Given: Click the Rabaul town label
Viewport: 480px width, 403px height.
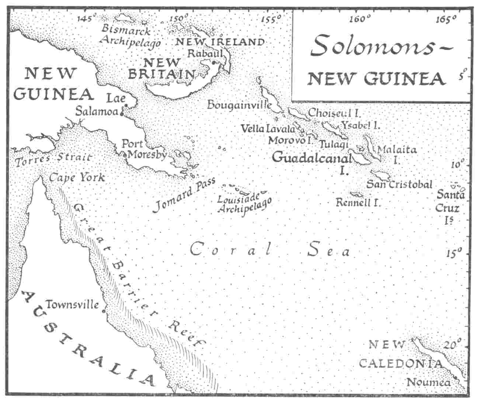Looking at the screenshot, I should click(x=205, y=53).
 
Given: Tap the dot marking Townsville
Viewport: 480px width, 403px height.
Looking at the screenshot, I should click(x=104, y=311).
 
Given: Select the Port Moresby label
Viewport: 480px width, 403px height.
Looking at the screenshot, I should click(x=144, y=149).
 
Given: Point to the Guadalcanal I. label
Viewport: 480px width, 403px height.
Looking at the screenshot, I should click(x=312, y=159).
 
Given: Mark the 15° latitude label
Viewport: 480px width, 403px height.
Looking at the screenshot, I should click(x=454, y=253).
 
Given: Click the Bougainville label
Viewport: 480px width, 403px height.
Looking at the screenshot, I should click(x=239, y=105).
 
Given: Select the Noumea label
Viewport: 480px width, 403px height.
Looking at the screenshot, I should click(x=428, y=382).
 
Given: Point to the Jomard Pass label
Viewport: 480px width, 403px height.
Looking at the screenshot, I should click(x=178, y=197).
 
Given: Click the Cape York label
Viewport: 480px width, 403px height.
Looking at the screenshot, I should click(x=77, y=178).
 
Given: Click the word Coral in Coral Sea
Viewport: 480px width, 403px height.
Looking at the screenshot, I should click(x=232, y=250).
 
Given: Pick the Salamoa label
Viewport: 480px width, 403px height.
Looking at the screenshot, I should click(x=97, y=111).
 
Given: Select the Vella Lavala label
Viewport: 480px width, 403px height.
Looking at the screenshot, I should click(x=268, y=129).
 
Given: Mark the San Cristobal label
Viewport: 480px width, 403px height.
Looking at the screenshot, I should click(x=399, y=184).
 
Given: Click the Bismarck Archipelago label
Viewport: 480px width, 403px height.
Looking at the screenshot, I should click(x=130, y=36).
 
